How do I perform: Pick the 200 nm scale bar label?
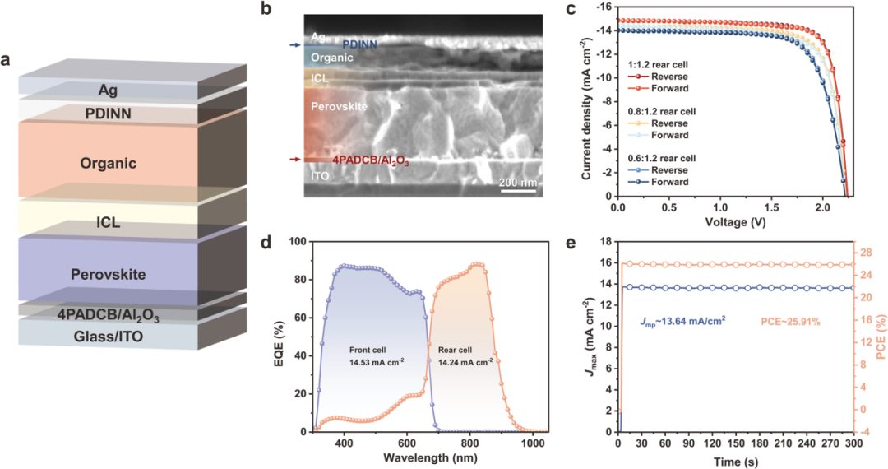tap(517, 183)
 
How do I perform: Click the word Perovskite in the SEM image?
tap(338, 107)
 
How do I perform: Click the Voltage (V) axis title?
tap(735, 222)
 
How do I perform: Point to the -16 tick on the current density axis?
tap(604, 7)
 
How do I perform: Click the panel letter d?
tap(265, 244)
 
